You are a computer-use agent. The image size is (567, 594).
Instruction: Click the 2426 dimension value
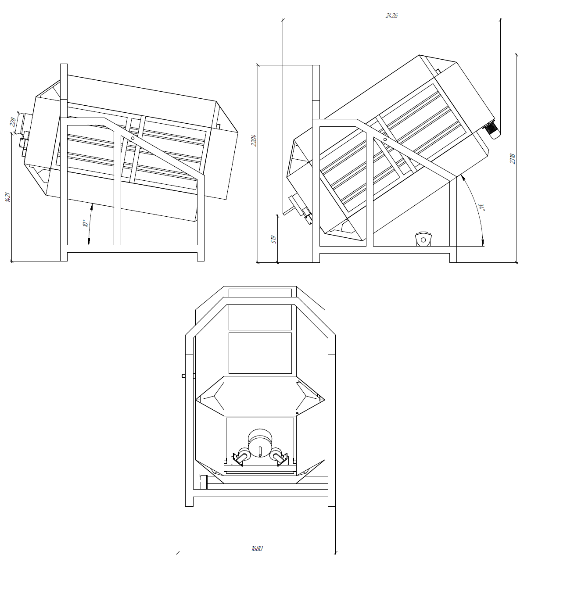point(391,16)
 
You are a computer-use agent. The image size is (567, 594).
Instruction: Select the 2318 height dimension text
point(513,159)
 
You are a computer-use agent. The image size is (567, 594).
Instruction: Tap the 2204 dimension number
point(254,141)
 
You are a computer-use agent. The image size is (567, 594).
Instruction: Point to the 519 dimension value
point(273,239)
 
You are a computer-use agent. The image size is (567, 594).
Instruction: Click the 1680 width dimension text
point(257,548)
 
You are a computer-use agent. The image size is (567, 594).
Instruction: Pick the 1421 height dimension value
point(8,197)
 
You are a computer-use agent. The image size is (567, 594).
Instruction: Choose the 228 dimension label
point(13,122)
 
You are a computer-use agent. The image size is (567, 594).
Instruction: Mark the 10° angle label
point(85,224)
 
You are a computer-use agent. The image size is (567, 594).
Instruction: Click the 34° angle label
point(482,207)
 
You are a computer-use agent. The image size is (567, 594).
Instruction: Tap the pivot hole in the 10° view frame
point(133,138)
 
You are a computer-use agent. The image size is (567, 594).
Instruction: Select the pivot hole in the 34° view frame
point(385,139)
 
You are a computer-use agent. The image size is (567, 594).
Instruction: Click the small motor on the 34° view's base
point(423,239)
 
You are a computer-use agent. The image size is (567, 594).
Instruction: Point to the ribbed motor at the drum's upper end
point(492,131)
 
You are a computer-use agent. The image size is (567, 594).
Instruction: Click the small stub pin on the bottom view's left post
point(183,376)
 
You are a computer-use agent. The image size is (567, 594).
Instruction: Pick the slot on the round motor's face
point(260,452)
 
